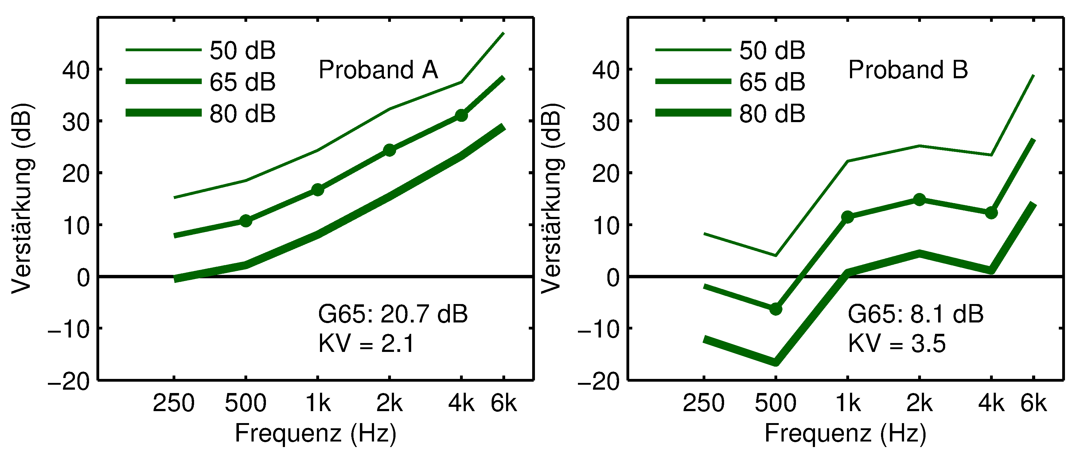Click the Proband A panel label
click(x=378, y=70)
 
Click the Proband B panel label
click(x=908, y=70)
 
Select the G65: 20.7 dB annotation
click(x=392, y=314)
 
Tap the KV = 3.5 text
click(x=897, y=344)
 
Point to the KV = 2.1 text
click(x=366, y=344)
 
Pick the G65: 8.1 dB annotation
click(x=915, y=314)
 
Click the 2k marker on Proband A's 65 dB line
click(x=389, y=150)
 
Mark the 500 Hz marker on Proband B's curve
click(x=776, y=309)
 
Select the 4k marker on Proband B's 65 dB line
click(x=991, y=213)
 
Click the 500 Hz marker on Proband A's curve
click(x=246, y=221)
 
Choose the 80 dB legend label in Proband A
click(x=242, y=114)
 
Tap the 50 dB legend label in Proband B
click(x=772, y=51)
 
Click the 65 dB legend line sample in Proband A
click(x=163, y=81)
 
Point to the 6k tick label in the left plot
click(x=504, y=403)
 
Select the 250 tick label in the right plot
click(x=704, y=403)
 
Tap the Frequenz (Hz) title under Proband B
click(x=845, y=433)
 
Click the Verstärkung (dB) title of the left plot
click(x=22, y=198)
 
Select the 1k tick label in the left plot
click(x=318, y=403)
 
